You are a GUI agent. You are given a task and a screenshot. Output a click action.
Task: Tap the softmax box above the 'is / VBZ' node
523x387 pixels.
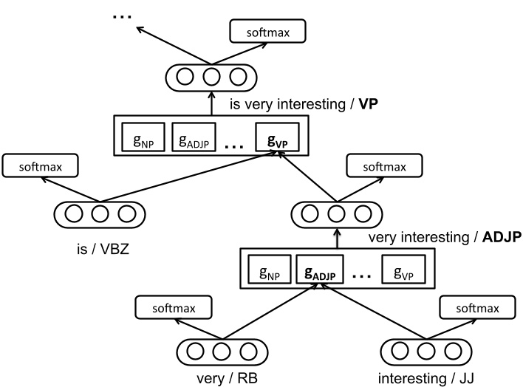click(x=42, y=166)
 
